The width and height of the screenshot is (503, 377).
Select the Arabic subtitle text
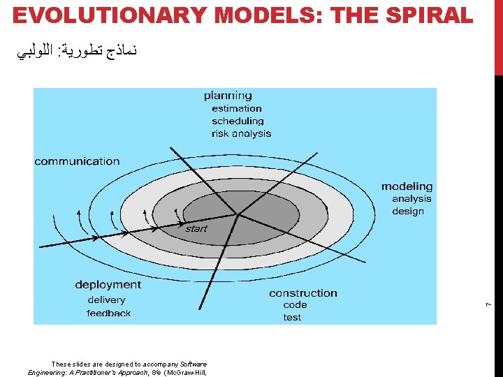pos(78,51)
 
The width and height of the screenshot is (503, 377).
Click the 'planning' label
pos(228,96)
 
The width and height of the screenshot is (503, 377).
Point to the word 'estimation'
pos(237,108)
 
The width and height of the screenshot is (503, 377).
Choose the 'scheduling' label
pos(238,121)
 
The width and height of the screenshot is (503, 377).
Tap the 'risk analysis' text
pos(241,133)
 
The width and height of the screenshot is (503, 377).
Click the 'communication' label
pos(78,161)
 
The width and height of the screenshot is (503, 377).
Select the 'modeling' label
pos(407,186)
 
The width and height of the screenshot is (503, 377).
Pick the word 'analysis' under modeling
pos(411,199)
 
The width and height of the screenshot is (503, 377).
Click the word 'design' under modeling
pos(408,211)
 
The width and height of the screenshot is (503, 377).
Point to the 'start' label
pos(196,228)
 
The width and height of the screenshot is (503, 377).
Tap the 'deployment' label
pos(108,284)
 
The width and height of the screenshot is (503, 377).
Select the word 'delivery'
pos(106,300)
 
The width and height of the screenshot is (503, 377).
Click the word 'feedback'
pos(108,313)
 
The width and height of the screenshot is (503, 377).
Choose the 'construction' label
pos(303,293)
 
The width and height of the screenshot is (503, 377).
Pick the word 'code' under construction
pos(295,305)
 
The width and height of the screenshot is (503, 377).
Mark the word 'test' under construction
pos(292,317)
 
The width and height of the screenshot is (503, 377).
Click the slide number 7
pos(490,302)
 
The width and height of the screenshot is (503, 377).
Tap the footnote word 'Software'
pos(193,364)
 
